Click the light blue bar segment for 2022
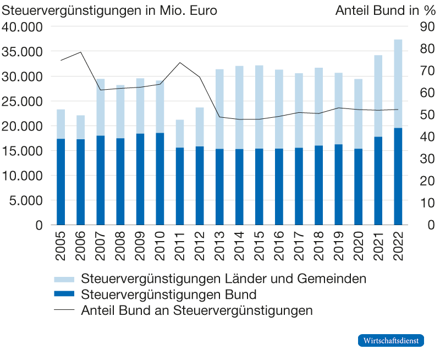398,83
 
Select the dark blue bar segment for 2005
61,182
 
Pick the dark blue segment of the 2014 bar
239,187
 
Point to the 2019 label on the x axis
339,242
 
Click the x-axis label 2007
101,242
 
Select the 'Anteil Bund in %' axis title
384,10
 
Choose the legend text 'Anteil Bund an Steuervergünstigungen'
197,310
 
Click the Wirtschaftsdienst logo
392,341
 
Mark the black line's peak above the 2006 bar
81,52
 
